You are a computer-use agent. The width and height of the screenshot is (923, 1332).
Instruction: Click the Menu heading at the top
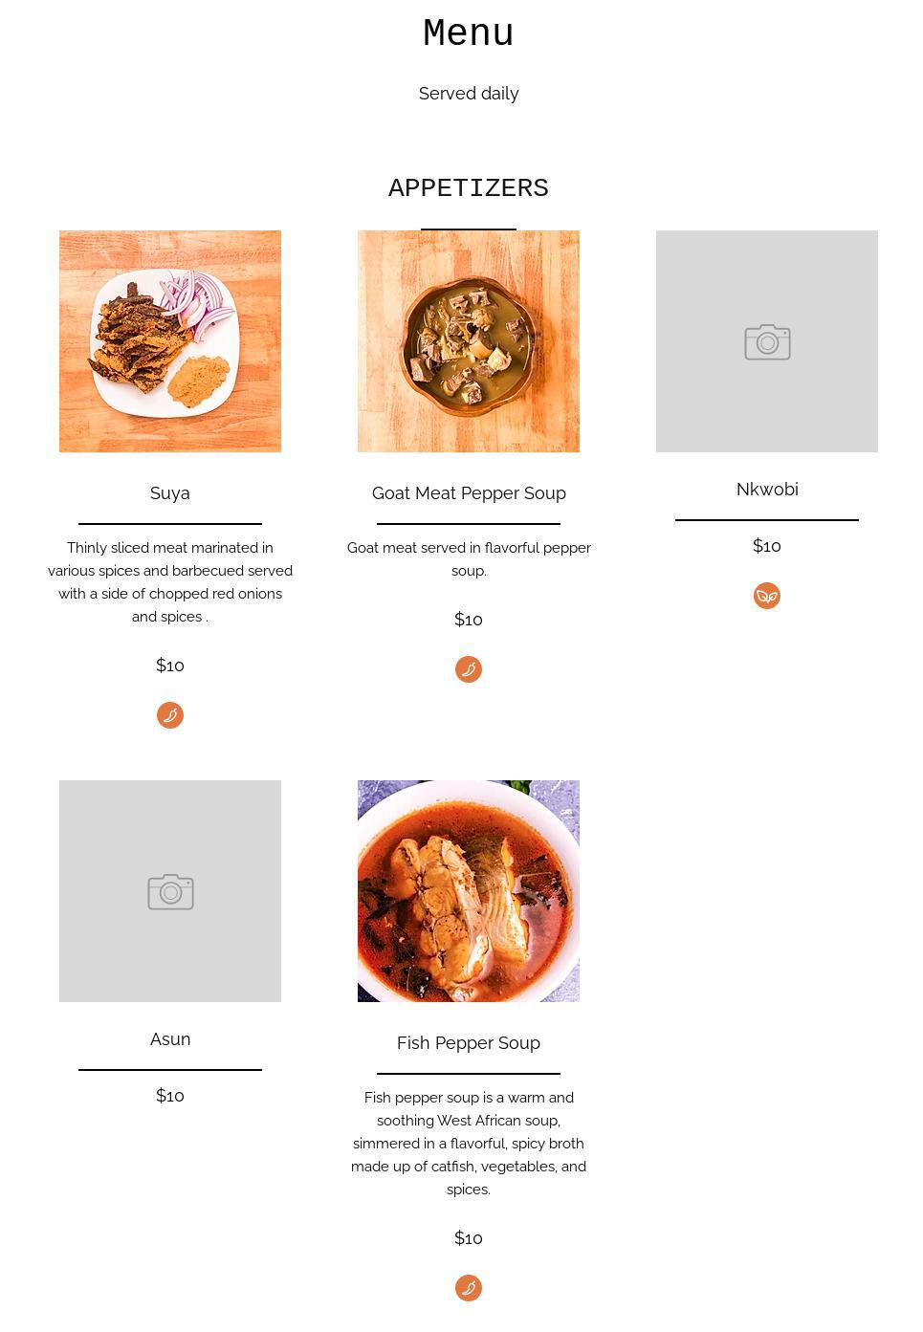tap(468, 33)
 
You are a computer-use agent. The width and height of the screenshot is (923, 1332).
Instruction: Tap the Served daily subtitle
tap(468, 94)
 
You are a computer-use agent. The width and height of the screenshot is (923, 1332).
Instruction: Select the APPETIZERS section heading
tap(468, 188)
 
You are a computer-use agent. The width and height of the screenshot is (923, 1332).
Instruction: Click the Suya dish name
tap(169, 493)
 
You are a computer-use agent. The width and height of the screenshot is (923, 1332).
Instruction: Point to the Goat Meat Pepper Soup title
tap(468, 493)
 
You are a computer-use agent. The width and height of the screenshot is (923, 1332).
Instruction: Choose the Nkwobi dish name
tap(766, 490)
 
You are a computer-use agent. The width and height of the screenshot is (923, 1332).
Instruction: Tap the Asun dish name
tap(169, 1038)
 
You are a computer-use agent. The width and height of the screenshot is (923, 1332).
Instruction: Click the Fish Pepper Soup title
tap(468, 1042)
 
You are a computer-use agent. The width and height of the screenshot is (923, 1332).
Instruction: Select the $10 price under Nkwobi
tap(766, 545)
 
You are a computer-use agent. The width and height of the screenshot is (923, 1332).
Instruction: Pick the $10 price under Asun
tap(169, 1095)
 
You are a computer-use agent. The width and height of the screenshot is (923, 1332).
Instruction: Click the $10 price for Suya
tap(169, 665)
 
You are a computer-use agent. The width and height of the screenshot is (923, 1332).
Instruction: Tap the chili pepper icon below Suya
tap(169, 714)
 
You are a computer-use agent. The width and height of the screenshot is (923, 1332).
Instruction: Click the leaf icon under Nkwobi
tap(766, 595)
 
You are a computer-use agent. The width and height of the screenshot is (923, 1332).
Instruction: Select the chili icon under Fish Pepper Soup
tap(468, 1287)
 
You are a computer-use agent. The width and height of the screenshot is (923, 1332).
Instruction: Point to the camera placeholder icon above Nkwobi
tap(767, 342)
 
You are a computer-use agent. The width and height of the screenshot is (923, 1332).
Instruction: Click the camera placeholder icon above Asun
tap(170, 891)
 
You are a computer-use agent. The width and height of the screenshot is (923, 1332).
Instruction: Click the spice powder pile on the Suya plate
tap(199, 381)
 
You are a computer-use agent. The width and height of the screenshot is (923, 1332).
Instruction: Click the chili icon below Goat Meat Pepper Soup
tap(468, 669)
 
